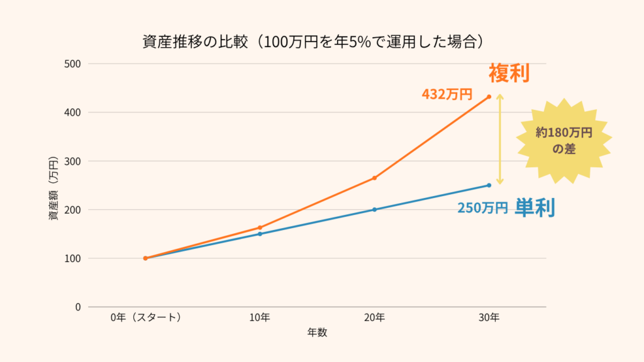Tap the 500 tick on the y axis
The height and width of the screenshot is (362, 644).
pos(73,63)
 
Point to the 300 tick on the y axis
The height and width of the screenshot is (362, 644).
pos(73,161)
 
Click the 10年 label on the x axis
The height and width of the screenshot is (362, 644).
pos(260,317)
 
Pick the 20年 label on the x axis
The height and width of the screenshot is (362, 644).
pos(374,317)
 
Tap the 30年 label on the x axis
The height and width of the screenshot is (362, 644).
pos(489,317)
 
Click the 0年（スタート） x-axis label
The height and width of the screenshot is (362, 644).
pos(145,317)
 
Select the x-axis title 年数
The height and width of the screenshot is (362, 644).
pos(317,332)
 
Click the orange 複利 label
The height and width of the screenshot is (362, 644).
pos(509,74)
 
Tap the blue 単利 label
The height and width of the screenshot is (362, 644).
pos(535,208)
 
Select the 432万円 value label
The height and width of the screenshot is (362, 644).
pos(447,94)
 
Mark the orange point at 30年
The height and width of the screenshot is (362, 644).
pos(489,97)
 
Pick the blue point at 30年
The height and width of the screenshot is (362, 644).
pos(489,185)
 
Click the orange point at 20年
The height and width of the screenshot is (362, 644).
pos(374,178)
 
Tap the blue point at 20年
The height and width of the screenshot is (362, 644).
pos(374,209)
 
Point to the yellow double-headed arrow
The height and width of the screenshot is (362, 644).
pos(500,140)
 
